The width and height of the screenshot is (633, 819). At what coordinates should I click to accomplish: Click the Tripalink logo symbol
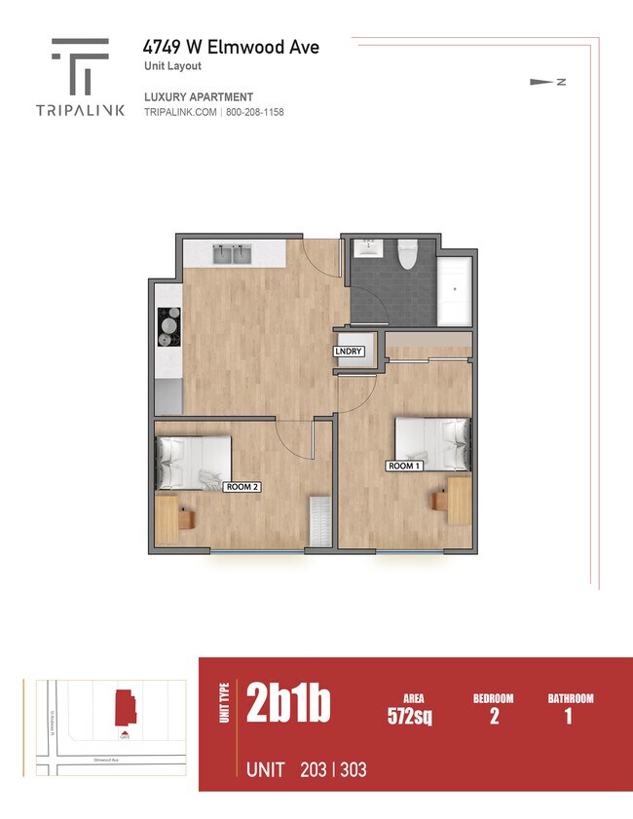80,66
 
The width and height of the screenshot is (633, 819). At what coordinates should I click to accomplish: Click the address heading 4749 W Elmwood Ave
231,47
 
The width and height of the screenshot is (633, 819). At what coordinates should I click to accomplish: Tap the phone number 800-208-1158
254,112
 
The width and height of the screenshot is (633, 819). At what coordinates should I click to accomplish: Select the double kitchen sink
231,254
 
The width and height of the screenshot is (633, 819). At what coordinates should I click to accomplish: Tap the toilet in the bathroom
407,253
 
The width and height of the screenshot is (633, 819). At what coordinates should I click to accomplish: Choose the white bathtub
455,291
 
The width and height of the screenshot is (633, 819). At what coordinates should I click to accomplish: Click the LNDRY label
348,352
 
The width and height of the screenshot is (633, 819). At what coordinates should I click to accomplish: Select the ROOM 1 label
404,466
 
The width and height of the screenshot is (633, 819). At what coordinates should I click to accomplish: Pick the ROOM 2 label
242,486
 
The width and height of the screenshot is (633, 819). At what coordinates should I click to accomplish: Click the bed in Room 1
433,443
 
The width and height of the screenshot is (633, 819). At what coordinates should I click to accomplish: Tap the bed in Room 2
194,463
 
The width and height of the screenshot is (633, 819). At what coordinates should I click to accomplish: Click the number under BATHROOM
569,718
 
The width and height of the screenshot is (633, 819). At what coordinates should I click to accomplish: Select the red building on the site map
125,707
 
